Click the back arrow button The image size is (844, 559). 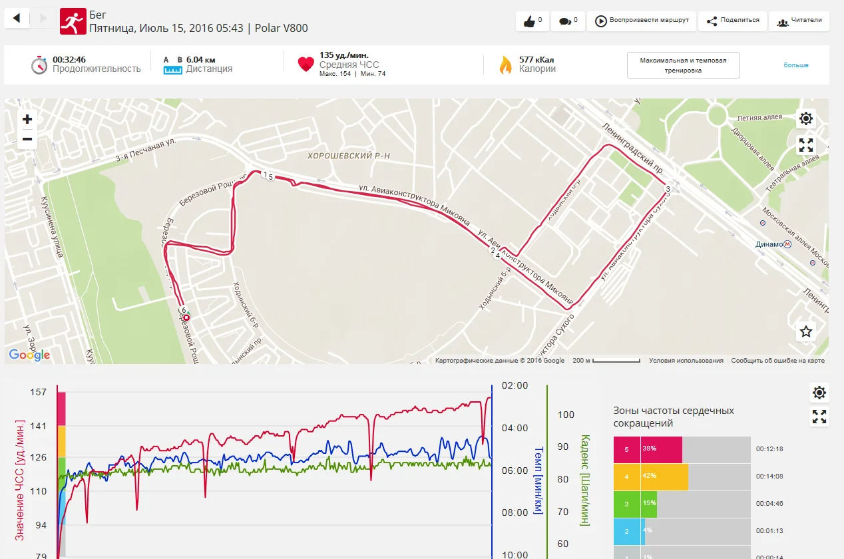[17, 18]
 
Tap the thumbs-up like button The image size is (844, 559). [532, 21]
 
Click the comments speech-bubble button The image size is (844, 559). [568, 21]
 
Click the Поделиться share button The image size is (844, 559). [732, 21]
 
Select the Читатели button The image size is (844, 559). [799, 21]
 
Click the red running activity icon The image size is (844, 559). [73, 21]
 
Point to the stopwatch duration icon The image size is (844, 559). [39, 65]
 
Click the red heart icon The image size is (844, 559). [306, 64]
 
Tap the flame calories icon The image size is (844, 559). [506, 65]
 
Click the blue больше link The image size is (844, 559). [795, 65]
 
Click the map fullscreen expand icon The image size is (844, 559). [806, 146]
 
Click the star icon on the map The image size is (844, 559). [806, 331]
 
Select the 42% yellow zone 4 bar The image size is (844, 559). [650, 476]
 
